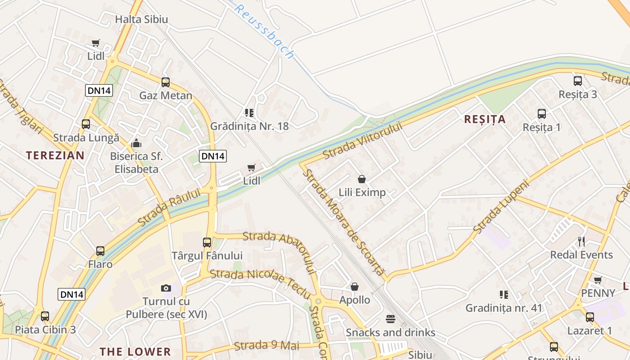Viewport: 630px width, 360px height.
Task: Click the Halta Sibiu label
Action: coord(141,19)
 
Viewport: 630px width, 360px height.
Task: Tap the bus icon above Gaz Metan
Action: coord(166,82)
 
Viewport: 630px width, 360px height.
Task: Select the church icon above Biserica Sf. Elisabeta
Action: coord(136,144)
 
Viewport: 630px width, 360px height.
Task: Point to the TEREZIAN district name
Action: coord(55,156)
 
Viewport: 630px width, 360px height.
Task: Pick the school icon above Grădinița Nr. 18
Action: coord(249,112)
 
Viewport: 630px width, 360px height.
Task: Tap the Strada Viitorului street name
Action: coord(362,139)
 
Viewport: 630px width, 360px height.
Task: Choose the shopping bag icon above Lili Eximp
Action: coord(362,179)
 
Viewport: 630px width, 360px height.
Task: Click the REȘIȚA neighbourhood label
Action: coord(485,119)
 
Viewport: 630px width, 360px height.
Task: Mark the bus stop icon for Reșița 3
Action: coord(578,81)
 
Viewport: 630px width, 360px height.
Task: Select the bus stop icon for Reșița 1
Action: coord(542,113)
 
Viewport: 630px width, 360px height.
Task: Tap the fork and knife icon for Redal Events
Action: coord(581,242)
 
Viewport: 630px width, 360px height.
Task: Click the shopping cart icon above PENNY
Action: coord(598,280)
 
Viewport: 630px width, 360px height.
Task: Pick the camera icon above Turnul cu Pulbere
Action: coord(166,288)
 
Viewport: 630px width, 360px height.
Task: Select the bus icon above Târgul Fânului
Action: coord(207,242)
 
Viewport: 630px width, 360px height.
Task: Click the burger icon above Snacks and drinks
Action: coord(391,319)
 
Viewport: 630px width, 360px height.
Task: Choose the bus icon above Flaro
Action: coord(100,251)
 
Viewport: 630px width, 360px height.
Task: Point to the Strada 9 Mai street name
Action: coord(267,346)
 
